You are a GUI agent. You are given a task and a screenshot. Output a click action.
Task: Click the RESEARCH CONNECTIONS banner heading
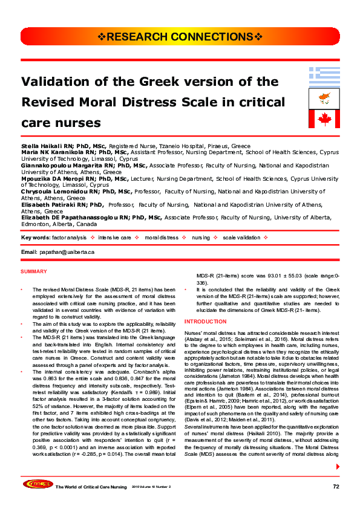click(180, 37)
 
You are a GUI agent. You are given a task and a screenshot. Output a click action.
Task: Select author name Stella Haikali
click(38, 146)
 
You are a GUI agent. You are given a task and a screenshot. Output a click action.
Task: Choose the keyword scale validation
click(242, 238)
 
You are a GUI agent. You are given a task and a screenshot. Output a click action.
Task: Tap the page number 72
click(336, 486)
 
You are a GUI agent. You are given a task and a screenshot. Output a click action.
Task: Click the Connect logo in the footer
click(36, 484)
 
